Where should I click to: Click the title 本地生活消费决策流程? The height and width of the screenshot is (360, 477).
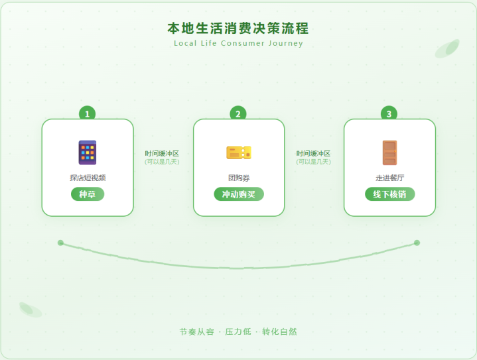coord(238,29)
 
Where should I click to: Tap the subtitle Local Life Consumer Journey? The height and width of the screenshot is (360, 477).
coord(238,44)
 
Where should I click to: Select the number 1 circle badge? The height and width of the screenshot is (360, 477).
coord(87,114)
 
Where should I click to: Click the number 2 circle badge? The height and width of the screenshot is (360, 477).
coord(238,114)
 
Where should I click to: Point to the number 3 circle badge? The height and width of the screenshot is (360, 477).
coord(389,114)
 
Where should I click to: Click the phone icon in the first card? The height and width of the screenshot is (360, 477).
coord(88,152)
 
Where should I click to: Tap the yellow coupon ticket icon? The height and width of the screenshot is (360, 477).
coord(238,152)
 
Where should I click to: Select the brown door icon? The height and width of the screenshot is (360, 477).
coord(389,152)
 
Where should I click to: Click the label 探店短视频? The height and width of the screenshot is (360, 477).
coord(88,178)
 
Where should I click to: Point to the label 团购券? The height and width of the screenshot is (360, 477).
coord(238,178)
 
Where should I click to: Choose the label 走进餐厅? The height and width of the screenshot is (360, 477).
coord(389,178)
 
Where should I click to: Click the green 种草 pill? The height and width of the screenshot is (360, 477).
coord(88,194)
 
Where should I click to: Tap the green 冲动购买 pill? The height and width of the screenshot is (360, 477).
coord(238,194)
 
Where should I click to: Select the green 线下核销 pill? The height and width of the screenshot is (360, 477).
coord(389,194)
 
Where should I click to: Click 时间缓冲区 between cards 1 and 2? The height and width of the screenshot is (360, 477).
coord(162,153)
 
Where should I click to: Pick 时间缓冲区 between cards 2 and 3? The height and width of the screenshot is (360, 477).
coord(313,153)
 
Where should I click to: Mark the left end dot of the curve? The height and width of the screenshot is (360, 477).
coord(60,243)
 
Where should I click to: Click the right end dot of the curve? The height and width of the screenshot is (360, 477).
coord(417,243)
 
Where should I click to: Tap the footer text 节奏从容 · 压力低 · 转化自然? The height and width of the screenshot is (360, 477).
coord(238,331)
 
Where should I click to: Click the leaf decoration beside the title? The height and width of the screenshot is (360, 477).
coord(448,48)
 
